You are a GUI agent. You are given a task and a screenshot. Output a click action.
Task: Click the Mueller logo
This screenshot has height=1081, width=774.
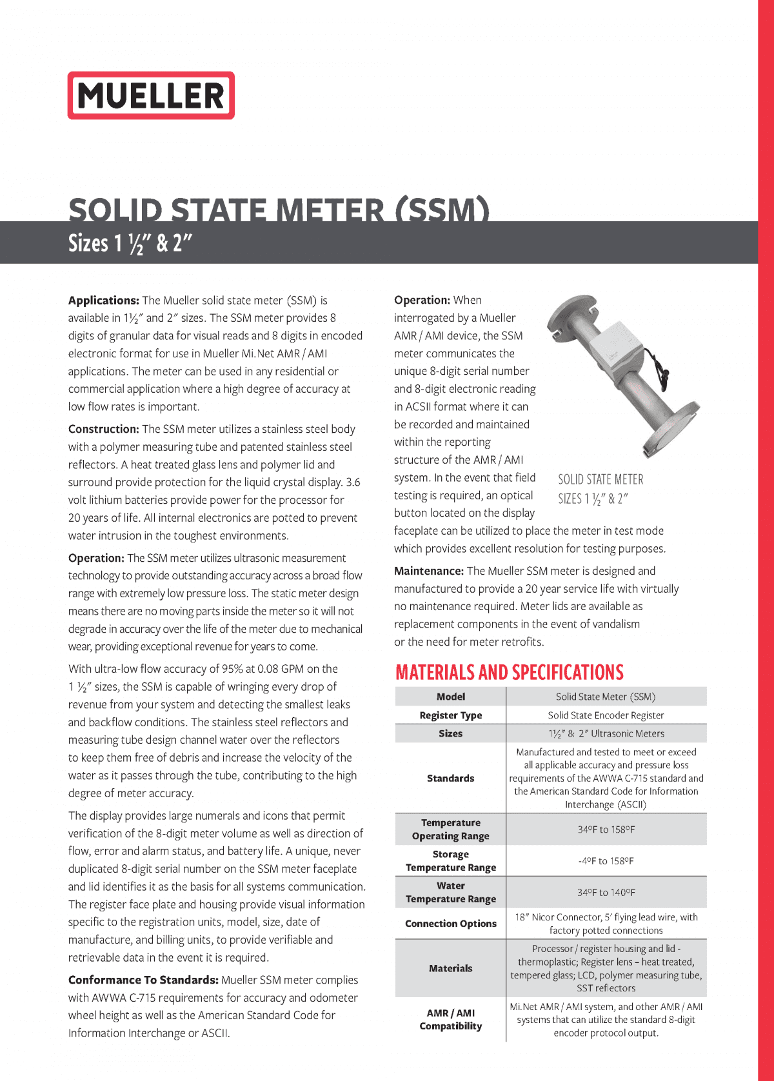point(151,95)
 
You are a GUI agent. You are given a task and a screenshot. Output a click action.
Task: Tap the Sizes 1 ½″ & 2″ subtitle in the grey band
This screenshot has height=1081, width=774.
point(130,244)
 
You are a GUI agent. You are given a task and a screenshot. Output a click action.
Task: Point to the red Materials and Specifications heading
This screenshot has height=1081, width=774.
point(510,672)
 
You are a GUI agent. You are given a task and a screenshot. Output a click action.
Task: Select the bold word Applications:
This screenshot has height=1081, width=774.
point(104,301)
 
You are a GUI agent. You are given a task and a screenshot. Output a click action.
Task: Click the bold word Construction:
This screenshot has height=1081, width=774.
point(104,430)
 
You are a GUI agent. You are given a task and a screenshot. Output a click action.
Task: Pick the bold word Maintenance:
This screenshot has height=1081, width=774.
point(429,571)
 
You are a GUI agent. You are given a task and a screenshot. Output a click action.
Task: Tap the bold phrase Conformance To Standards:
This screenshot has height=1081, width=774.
point(143,980)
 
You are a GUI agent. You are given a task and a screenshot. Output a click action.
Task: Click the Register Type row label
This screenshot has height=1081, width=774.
point(450,715)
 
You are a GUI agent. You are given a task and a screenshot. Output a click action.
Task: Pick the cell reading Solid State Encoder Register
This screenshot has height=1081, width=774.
point(606,715)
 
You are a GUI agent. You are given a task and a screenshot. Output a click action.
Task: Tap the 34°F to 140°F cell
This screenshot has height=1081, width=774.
point(606,893)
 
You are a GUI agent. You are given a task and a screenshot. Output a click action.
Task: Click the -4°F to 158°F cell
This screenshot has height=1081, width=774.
point(606,861)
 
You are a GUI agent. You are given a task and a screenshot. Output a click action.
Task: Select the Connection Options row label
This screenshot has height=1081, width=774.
point(450,924)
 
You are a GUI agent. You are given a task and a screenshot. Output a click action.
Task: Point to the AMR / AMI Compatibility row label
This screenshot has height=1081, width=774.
point(450,1020)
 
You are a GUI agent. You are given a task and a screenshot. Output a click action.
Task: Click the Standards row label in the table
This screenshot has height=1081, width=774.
point(450,779)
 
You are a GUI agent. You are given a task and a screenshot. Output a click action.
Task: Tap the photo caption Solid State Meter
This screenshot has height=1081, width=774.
point(600,480)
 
